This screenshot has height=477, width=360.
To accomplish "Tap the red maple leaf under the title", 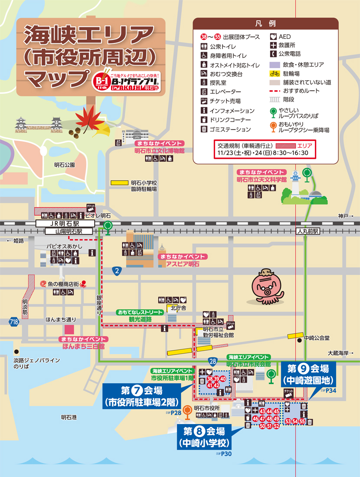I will coord(86,117).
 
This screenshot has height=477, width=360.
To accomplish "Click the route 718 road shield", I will coord(13,322).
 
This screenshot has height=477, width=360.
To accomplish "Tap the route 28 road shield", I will coord(212,361).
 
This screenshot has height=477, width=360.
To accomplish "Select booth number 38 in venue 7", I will coord(210,379).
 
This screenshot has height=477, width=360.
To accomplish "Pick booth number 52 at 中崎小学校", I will coord(276,426).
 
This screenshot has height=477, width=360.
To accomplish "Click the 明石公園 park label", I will coord(65,165).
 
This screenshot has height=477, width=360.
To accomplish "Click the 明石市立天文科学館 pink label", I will coord(262,179).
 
